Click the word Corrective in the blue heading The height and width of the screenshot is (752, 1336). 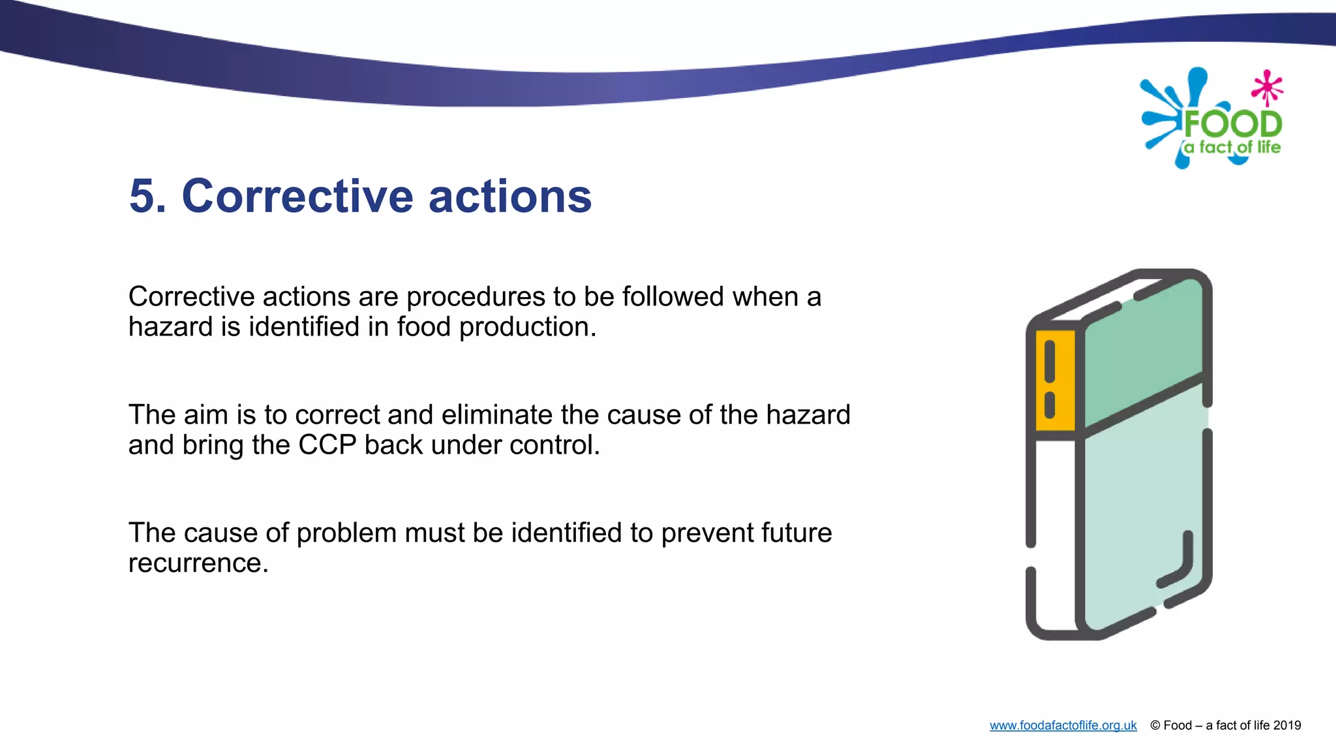[297, 196]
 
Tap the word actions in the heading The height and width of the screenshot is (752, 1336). [509, 196]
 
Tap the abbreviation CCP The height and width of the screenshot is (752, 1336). [327, 445]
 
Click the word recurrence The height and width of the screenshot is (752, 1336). [198, 563]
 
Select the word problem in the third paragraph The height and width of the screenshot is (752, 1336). [346, 534]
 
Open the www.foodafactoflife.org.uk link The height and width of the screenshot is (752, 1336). [1063, 726]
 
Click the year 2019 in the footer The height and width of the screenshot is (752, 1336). [1286, 726]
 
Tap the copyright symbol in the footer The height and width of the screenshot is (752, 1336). [1155, 726]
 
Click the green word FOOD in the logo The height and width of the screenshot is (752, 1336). [1232, 123]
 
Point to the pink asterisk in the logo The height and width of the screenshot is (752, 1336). [1267, 87]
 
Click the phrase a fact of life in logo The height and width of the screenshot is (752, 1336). [1232, 148]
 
